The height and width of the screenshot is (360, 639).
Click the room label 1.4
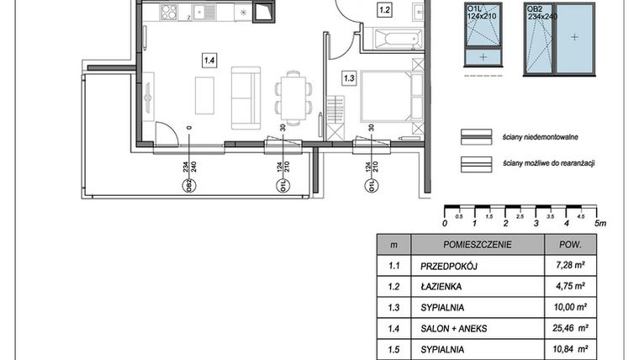pyautogui.click(x=209, y=59)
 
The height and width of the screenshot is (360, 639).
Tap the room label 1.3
pyautogui.click(x=349, y=78)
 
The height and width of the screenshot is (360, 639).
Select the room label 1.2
pyautogui.click(x=384, y=11)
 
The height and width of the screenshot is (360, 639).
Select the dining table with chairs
pyautogui.click(x=292, y=94)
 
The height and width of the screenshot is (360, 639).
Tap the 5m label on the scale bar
pyautogui.click(x=599, y=224)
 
